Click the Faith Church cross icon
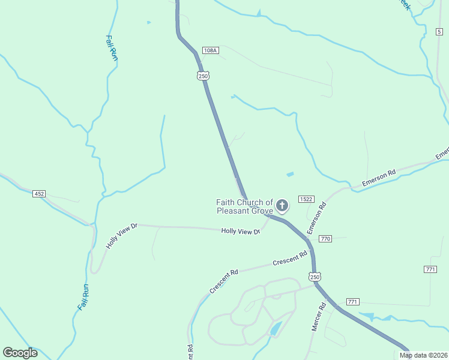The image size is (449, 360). coord(282,206)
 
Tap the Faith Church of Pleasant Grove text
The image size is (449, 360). coord(245,206)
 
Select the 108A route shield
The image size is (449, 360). coord(209,50)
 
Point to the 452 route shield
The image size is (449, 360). coord(39,194)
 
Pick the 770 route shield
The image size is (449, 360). coord(325,239)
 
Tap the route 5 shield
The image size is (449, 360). coord(440,31)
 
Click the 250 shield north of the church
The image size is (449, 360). coord(203,76)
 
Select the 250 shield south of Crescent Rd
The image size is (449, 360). coord(315,277)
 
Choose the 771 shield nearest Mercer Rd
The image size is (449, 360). coord(352,302)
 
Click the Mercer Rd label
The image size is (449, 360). coord(318,317)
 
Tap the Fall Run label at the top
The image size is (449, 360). coord(111,48)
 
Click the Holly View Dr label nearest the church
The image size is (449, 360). coord(240,231)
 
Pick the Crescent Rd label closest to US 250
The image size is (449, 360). coord(286,262)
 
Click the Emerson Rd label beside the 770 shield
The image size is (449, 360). coord(316,218)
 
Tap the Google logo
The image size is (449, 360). coord(20,353)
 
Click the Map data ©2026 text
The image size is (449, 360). coord(423,355)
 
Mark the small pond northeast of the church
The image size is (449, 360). coord(291,175)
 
